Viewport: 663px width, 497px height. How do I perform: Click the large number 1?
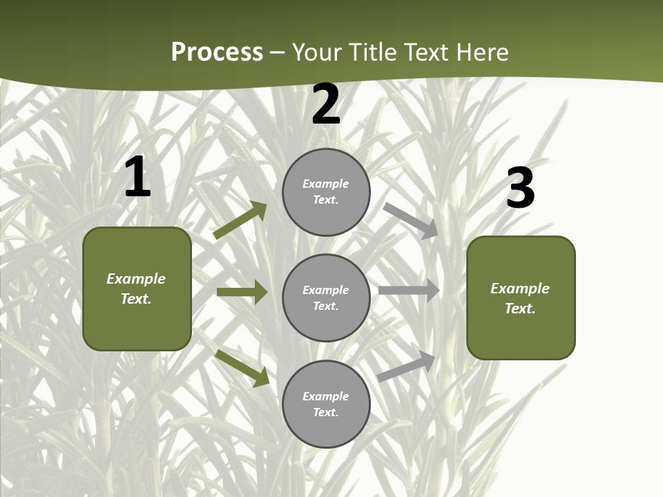[x=138, y=177]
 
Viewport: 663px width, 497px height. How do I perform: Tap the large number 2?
[x=326, y=104]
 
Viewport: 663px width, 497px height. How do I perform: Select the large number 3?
[x=521, y=188]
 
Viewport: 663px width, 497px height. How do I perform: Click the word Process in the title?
[x=217, y=52]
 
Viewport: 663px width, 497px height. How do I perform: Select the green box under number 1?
[x=137, y=289]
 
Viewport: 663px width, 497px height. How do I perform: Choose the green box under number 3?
[x=521, y=298]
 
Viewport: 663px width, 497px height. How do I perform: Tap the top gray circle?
[x=326, y=192]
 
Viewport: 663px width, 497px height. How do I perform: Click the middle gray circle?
[x=326, y=298]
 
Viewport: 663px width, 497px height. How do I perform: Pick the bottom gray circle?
[x=326, y=404]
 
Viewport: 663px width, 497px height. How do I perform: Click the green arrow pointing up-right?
[x=240, y=220]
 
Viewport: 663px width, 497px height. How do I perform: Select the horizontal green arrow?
[x=242, y=292]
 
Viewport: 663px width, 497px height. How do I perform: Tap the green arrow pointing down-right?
[x=242, y=368]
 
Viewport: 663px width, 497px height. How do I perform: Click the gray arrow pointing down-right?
[x=411, y=220]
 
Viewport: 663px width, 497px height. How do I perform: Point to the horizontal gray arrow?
[x=409, y=291]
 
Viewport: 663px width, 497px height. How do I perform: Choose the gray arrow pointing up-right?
[x=407, y=366]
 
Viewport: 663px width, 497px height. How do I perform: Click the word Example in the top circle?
[x=325, y=184]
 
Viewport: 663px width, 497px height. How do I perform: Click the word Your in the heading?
[x=318, y=52]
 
